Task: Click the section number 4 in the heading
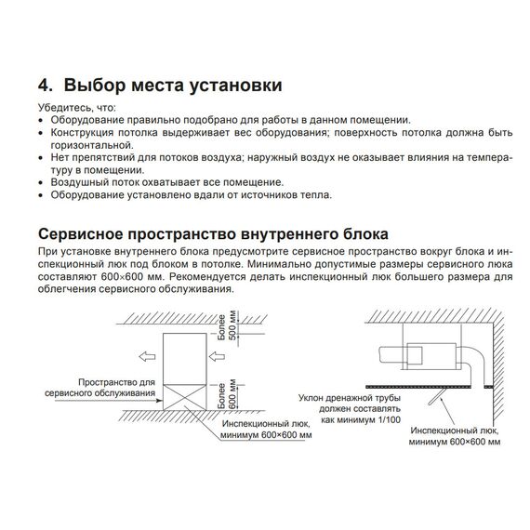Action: point(45,85)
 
